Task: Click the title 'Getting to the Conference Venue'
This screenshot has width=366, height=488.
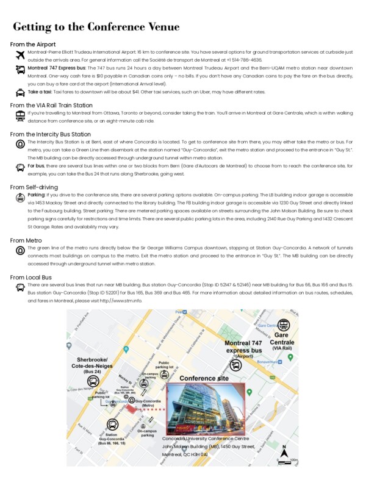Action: pyautogui.click(x=96, y=27)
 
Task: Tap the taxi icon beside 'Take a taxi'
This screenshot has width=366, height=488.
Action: pyautogui.click(x=20, y=93)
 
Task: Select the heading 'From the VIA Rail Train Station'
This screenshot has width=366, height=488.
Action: pyautogui.click(x=51, y=105)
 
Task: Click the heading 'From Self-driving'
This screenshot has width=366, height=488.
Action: pyautogui.click(x=34, y=187)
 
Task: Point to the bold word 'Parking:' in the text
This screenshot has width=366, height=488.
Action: pyautogui.click(x=37, y=195)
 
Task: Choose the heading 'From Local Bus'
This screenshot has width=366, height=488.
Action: pyautogui.click(x=31, y=277)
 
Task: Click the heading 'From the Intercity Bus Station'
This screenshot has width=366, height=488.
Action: pyautogui.click(x=51, y=134)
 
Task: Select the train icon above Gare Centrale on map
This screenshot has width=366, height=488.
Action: pyautogui.click(x=283, y=325)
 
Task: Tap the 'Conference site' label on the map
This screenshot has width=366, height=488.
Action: pyautogui.click(x=204, y=378)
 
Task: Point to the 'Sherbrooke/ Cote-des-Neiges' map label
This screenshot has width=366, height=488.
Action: pyautogui.click(x=93, y=364)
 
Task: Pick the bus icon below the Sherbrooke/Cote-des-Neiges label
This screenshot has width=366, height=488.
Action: pyautogui.click(x=93, y=381)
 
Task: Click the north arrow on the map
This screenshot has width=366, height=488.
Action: pyautogui.click(x=284, y=452)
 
